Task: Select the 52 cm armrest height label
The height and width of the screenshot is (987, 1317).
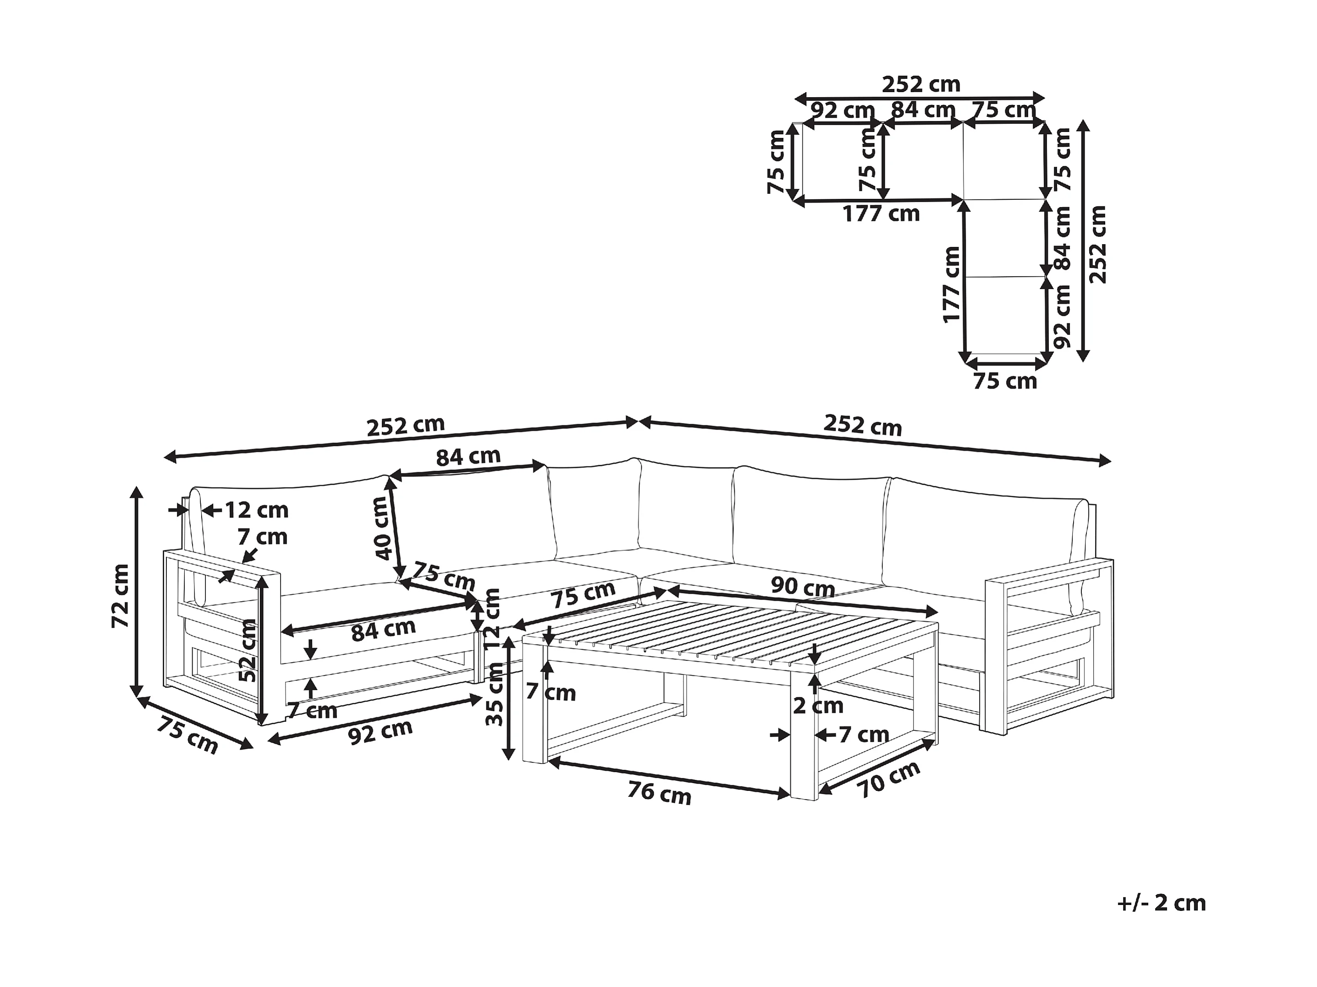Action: point(248,650)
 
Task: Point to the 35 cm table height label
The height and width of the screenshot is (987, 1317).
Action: point(494,694)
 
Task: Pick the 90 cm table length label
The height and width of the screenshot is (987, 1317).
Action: point(803,587)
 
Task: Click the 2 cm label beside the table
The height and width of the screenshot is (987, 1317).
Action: point(818,706)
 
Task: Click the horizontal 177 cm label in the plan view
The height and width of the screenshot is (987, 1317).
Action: point(881,214)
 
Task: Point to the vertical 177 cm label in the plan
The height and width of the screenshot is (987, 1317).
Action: point(952,285)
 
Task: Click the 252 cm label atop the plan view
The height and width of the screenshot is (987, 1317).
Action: point(920,84)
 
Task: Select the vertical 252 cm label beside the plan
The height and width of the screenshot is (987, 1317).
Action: point(1097,245)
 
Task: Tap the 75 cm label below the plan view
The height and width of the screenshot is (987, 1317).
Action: point(1005,381)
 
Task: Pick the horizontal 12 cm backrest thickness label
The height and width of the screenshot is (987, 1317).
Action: point(256,510)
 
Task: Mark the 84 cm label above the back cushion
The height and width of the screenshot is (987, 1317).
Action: point(468,456)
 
